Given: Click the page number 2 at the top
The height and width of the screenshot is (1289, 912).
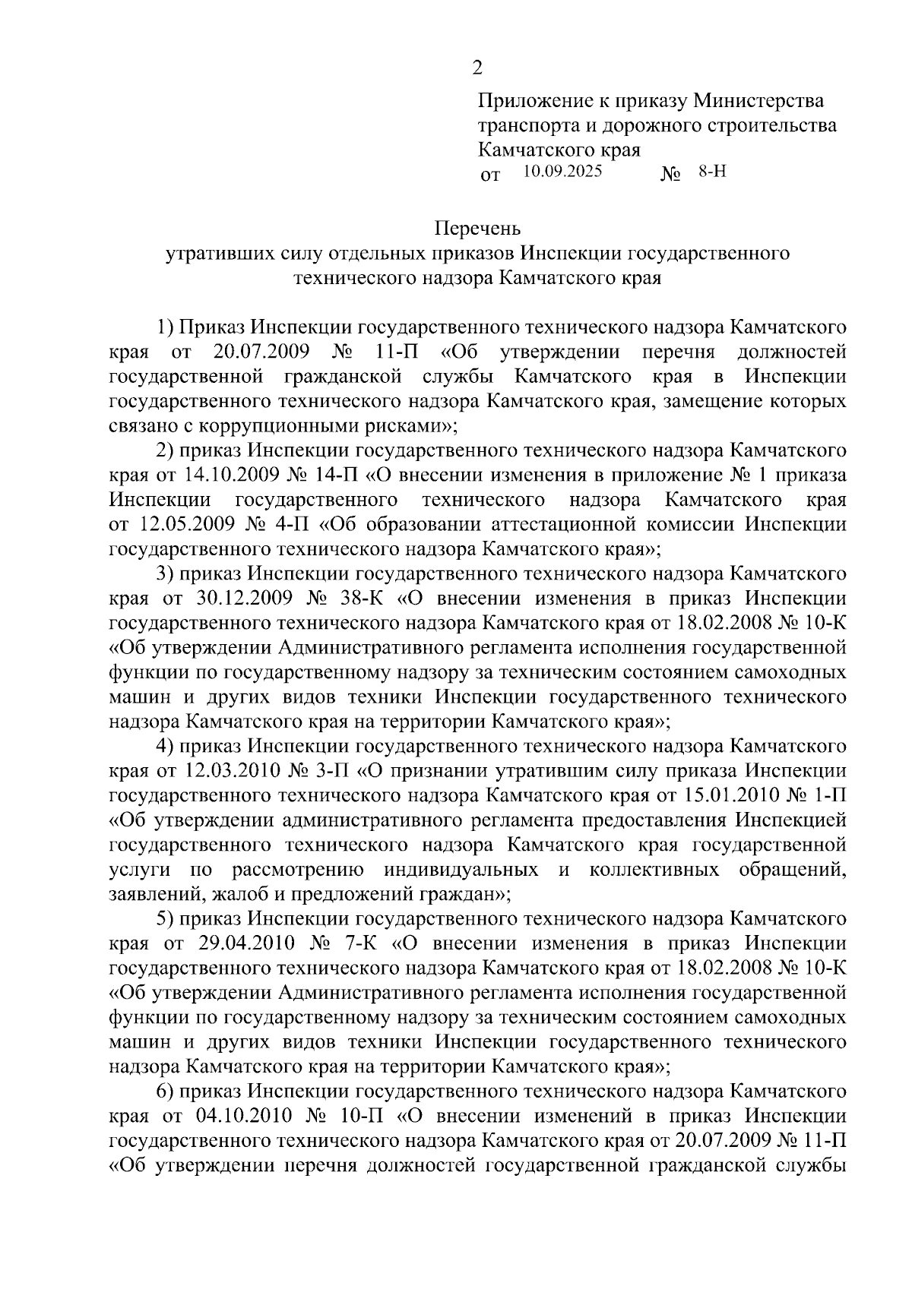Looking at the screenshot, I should [477, 68].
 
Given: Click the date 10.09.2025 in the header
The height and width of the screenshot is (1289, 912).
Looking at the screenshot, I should [562, 172].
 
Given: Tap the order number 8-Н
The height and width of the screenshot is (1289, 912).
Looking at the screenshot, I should [713, 172].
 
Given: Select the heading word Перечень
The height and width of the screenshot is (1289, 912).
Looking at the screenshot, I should [477, 227].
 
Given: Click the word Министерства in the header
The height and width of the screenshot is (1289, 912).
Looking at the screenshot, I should [759, 100].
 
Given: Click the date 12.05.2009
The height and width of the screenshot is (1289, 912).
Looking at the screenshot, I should [182, 524].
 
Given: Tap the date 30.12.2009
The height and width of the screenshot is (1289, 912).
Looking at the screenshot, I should [245, 598].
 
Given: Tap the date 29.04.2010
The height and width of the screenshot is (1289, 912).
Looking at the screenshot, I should [245, 943].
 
